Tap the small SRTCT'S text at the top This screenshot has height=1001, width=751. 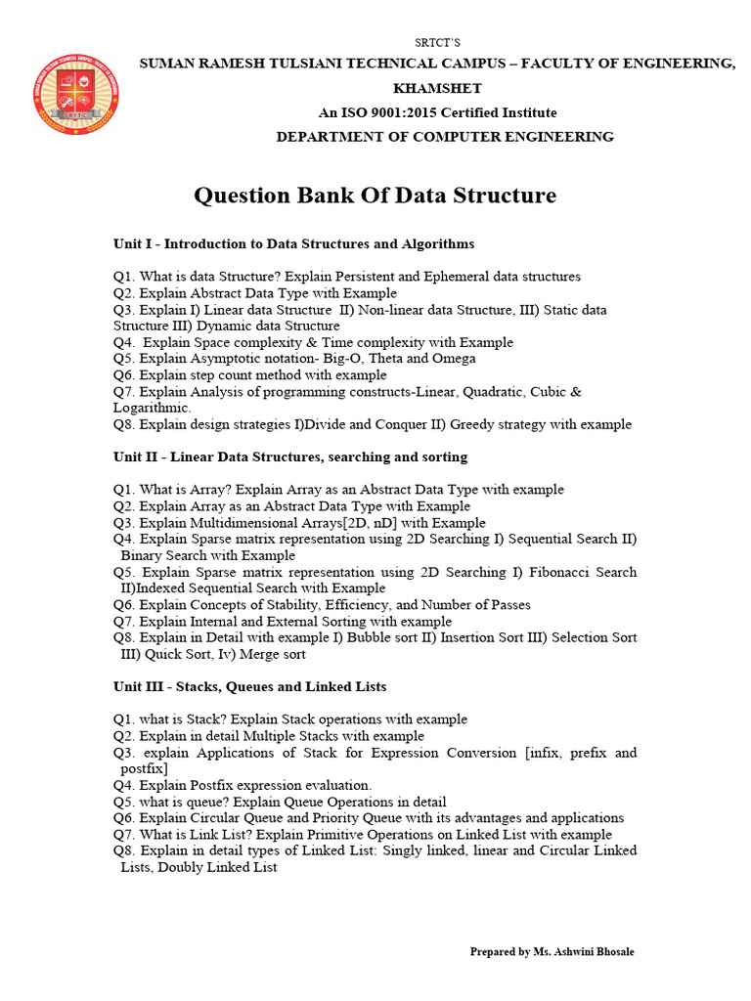(437, 43)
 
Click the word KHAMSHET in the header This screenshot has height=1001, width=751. (436, 88)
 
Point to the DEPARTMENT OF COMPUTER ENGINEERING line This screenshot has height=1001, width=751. (445, 137)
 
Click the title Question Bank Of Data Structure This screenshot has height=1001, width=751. (375, 196)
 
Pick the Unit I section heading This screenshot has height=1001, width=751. (280, 243)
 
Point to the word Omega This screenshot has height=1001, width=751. (454, 359)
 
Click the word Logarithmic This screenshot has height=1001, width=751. (152, 408)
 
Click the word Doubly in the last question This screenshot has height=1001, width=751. (189, 867)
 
